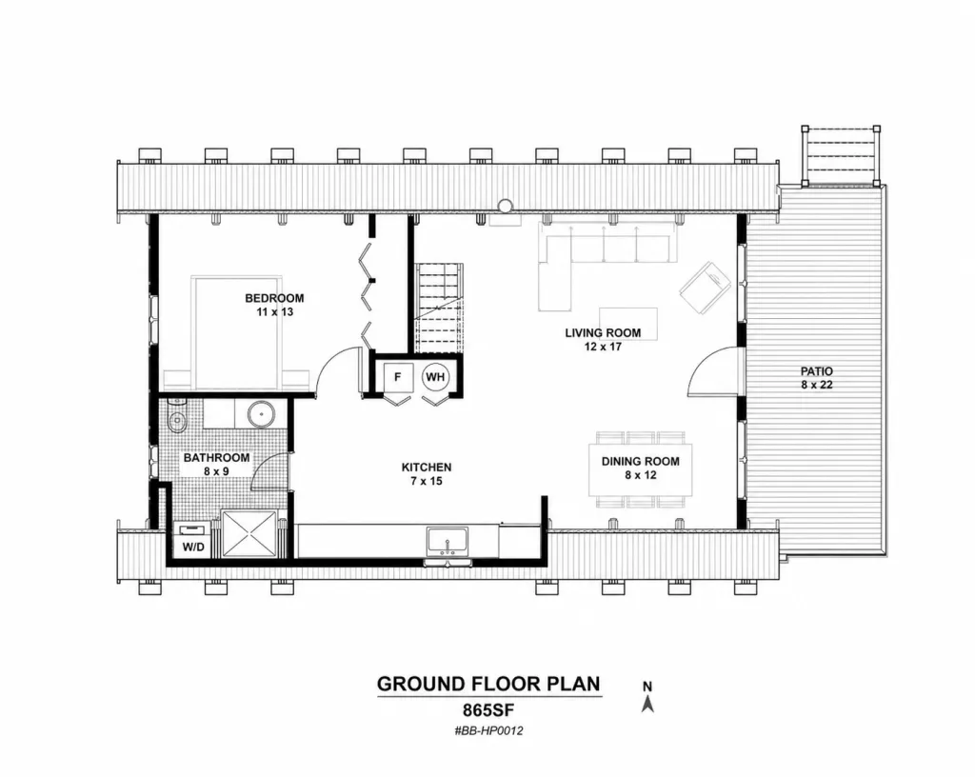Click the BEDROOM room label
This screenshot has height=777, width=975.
274,298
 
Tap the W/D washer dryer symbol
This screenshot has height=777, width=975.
192,540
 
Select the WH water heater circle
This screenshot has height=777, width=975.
435,377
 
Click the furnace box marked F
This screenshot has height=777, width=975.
398,377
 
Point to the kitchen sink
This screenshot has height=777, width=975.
448,542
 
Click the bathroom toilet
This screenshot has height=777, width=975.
176,420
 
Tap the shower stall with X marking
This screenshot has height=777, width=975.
249,533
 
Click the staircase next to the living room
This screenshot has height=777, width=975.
439,309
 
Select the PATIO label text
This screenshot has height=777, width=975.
816,371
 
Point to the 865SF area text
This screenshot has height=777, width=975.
488,709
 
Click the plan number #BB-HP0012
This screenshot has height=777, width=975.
488,731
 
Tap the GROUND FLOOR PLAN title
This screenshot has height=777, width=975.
488,684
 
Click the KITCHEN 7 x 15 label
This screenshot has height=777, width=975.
427,473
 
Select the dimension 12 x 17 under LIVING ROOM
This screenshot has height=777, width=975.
603,347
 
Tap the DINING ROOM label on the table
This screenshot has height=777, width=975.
640,461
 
